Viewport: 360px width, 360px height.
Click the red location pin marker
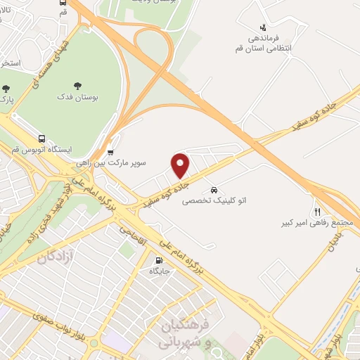tap(181, 165)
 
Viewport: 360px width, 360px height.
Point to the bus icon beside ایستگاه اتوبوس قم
tap(42, 139)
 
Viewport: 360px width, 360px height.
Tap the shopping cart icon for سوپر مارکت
tap(110, 151)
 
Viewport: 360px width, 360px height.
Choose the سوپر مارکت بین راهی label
tap(112, 162)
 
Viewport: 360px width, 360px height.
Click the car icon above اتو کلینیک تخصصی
tap(213, 190)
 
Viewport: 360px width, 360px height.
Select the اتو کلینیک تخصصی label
tap(211, 200)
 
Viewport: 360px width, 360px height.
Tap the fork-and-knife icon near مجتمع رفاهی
tap(317, 211)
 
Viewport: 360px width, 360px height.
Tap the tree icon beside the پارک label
tap(6, 89)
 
